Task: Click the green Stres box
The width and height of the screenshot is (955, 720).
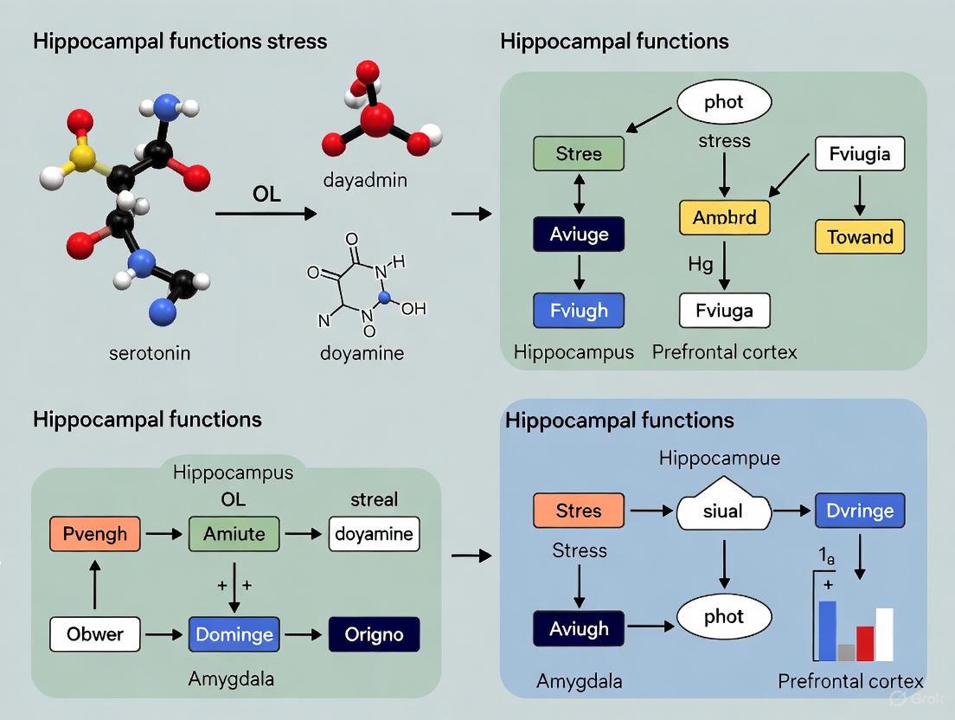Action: pos(579,154)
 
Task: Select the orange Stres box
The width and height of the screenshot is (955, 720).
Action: pos(578,511)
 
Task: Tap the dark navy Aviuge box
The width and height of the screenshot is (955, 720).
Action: pos(579,234)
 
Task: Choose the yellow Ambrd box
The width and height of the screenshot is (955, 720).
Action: pos(724,218)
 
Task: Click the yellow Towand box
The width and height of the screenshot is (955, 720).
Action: pos(860,236)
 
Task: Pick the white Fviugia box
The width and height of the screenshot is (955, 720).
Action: pos(860,154)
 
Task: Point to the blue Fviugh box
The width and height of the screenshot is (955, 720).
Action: pos(579,311)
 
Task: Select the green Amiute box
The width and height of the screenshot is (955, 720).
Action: pos(234,534)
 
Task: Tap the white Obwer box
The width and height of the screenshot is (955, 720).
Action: pos(94,634)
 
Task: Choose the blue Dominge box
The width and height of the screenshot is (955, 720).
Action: pos(234,634)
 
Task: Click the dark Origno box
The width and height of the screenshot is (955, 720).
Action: pos(374,634)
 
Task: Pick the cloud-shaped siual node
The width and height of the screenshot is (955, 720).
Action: pos(722,510)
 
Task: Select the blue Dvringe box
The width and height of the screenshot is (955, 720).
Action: pos(860,511)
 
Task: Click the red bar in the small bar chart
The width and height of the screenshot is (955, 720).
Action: pos(865,643)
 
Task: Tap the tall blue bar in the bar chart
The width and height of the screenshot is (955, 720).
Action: pos(827,631)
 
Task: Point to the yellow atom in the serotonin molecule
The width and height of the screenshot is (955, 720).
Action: pos(83,156)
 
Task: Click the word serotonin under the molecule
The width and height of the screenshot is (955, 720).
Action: pos(150,353)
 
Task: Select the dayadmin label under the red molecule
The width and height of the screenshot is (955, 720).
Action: pos(364,181)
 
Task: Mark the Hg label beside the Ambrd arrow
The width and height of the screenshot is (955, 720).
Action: pos(700,264)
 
